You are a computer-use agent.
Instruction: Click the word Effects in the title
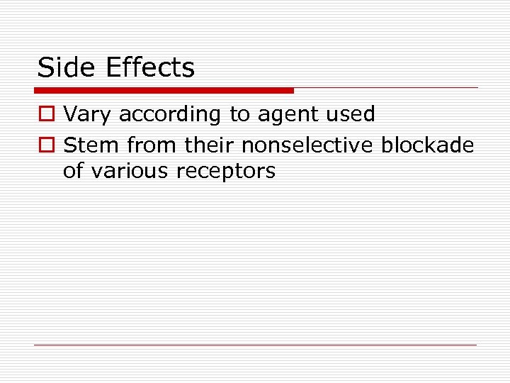(x=149, y=67)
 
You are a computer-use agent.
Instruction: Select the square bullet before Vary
(x=47, y=114)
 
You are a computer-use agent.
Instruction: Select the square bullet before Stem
(x=47, y=145)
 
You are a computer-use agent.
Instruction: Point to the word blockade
(x=428, y=145)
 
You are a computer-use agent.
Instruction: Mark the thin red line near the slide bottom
(x=255, y=345)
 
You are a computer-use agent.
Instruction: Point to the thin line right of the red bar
(x=386, y=88)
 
